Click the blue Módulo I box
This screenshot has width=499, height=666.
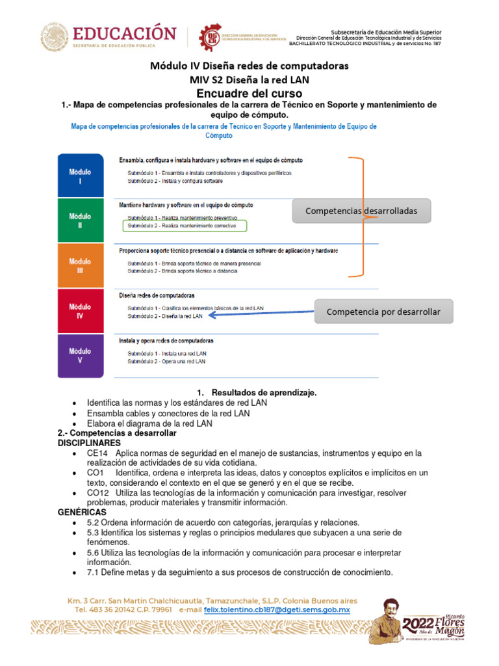[x=80, y=176]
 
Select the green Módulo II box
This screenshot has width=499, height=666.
[x=80, y=220]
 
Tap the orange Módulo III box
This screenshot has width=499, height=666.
[x=80, y=265]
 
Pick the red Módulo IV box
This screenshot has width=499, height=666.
[x=80, y=311]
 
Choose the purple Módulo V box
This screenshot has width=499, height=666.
[x=80, y=356]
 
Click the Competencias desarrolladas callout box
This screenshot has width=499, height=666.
[x=361, y=211]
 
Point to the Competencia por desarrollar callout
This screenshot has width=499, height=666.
[x=383, y=312]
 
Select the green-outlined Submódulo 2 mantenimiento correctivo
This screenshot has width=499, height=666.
[x=184, y=226]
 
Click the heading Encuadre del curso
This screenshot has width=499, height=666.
[x=249, y=94]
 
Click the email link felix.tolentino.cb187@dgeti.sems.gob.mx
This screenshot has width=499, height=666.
[x=277, y=610]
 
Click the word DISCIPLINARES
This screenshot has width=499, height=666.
[x=89, y=442]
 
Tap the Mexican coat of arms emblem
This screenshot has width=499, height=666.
[x=55, y=38]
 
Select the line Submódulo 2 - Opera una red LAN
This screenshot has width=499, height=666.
[x=166, y=361]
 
